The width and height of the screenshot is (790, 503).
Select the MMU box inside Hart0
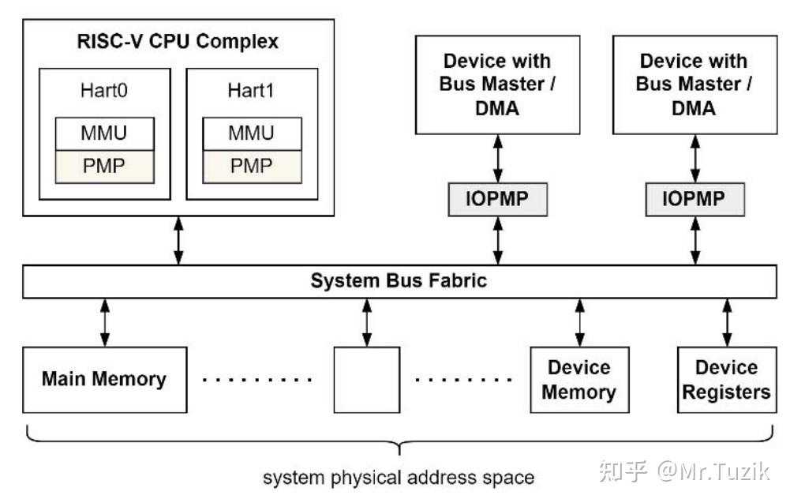(103, 133)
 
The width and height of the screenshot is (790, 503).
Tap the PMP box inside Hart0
(103, 166)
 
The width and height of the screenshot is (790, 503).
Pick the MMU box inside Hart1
(251, 133)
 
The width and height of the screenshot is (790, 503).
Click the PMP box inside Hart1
(251, 166)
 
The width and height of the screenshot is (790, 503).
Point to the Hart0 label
(103, 91)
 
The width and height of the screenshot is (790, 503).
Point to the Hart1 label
(251, 91)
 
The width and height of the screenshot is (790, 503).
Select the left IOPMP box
(497, 199)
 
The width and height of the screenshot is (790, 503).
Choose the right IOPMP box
(695, 199)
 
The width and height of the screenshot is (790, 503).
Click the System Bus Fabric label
(399, 281)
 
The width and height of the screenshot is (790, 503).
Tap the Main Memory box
(104, 378)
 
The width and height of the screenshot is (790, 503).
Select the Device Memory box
(579, 380)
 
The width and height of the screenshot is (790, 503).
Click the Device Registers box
(726, 380)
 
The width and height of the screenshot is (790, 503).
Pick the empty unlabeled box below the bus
(366, 379)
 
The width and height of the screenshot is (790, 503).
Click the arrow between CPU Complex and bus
(178, 242)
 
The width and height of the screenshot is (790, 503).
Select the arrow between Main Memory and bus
(104, 321)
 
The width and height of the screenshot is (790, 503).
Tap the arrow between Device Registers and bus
(726, 321)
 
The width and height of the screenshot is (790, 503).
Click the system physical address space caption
(399, 478)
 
